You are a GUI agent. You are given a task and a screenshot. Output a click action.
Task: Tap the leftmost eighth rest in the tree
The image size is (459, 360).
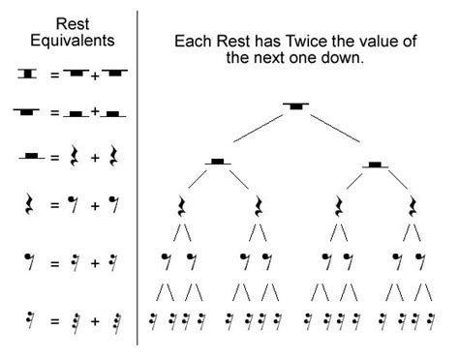coord(166,259)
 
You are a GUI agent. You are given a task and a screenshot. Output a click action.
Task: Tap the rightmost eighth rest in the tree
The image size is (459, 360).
coord(420,259)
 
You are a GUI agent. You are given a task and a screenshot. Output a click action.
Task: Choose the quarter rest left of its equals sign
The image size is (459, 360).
coord(28,205)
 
